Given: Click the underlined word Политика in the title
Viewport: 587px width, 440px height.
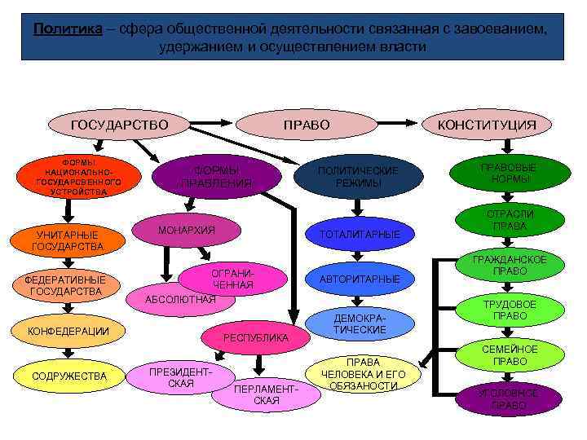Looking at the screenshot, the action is (68, 29).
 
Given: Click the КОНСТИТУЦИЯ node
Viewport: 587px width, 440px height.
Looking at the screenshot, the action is (487, 125).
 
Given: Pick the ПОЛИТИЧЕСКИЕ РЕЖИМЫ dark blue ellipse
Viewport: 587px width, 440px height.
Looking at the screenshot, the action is (358, 176).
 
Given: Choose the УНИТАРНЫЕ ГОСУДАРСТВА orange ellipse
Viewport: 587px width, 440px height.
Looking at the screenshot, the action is (68, 240).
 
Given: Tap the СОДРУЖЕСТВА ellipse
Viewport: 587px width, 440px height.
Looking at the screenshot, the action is (69, 376).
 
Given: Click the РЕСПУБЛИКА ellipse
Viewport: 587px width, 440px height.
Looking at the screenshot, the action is (257, 337).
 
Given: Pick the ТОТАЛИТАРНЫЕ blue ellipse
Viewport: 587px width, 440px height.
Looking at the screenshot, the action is (360, 235).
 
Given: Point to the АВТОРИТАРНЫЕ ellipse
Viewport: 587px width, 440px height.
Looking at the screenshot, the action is (360, 279).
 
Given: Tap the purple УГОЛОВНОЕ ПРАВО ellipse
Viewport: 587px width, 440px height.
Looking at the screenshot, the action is (509, 399).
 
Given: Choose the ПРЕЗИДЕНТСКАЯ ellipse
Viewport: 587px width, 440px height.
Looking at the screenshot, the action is (180, 377).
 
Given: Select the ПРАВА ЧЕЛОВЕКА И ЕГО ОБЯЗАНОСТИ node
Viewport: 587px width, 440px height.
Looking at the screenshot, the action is (364, 374).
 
